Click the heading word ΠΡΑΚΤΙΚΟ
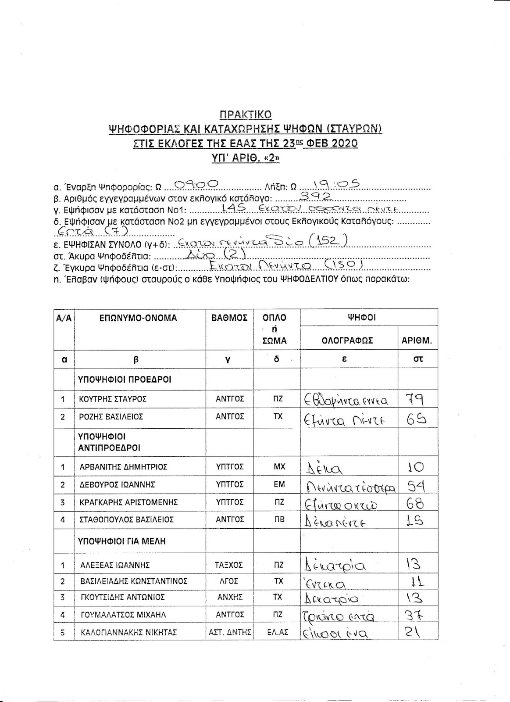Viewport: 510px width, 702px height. point(245,115)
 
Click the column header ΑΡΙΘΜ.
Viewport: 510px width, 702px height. point(417,340)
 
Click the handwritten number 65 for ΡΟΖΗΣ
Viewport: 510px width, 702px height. point(416,419)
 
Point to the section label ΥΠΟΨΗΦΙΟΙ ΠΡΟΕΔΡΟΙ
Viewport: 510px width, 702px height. point(125,380)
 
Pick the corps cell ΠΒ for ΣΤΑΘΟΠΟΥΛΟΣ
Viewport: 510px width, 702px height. point(279,520)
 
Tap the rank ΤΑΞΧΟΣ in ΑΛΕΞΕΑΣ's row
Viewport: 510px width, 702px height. point(229,565)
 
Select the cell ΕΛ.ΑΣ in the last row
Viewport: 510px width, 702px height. point(278,632)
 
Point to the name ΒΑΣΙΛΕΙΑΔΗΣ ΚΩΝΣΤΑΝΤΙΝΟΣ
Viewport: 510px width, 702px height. point(134,581)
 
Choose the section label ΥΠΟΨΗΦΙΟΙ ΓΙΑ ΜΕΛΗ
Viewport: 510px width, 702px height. point(122,541)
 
